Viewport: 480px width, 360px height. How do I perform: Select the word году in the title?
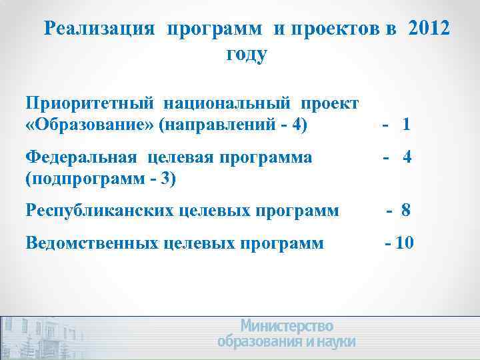click(246, 54)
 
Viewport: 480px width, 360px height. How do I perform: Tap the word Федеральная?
click(81, 159)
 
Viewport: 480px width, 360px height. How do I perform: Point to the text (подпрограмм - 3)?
click(100, 179)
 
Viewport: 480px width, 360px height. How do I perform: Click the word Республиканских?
click(100, 211)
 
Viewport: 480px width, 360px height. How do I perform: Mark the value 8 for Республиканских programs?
click(405, 211)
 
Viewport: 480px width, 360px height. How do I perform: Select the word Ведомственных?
click(93, 243)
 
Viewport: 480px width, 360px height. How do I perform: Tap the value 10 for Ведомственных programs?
click(404, 243)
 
